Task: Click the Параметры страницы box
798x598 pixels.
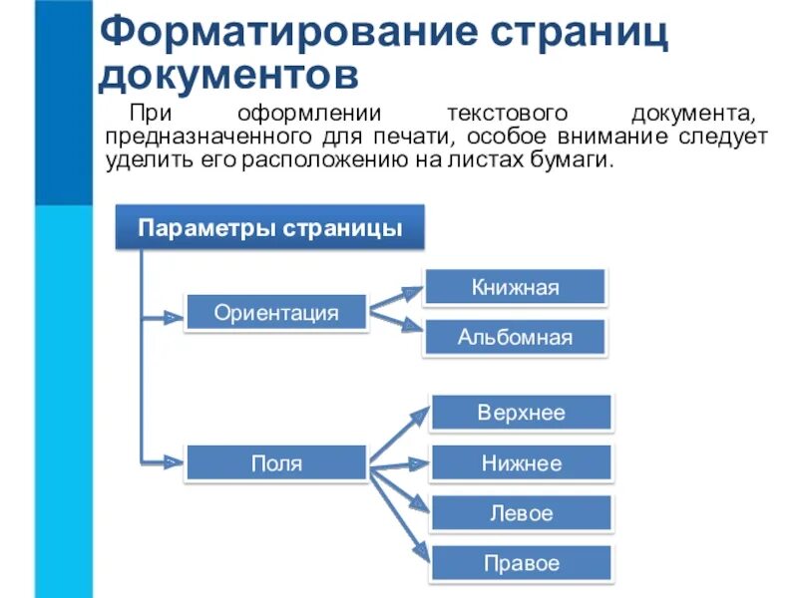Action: click(269, 228)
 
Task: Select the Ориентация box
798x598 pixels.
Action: click(276, 313)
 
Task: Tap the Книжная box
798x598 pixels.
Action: click(515, 288)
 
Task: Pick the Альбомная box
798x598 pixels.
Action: click(515, 338)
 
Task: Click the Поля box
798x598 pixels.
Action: click(276, 463)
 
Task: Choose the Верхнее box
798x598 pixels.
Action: click(521, 413)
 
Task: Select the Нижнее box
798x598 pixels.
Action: click(521, 463)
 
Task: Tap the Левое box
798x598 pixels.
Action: click(521, 513)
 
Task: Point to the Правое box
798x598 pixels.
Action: click(521, 563)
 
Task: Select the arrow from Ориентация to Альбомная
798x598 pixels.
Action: click(396, 321)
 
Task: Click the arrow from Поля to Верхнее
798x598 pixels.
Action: click(399, 435)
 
